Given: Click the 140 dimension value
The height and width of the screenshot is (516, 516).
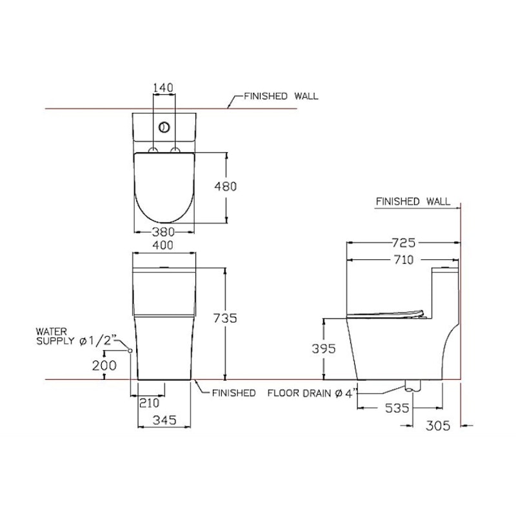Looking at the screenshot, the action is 163,88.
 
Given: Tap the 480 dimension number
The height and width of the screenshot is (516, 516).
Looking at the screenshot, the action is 225,186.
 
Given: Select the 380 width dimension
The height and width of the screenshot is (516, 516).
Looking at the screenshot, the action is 163,232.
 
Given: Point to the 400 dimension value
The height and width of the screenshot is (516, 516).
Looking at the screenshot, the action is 163,245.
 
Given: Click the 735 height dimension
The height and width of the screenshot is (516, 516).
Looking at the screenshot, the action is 225,318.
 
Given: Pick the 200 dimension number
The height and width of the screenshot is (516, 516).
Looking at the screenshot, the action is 104,365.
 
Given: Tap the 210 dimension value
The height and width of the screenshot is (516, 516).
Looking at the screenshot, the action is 150,402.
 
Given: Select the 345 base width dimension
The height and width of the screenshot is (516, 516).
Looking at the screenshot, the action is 164,420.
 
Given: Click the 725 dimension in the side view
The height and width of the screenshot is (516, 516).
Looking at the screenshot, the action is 404,243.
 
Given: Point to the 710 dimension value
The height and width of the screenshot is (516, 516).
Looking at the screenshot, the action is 404,260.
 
